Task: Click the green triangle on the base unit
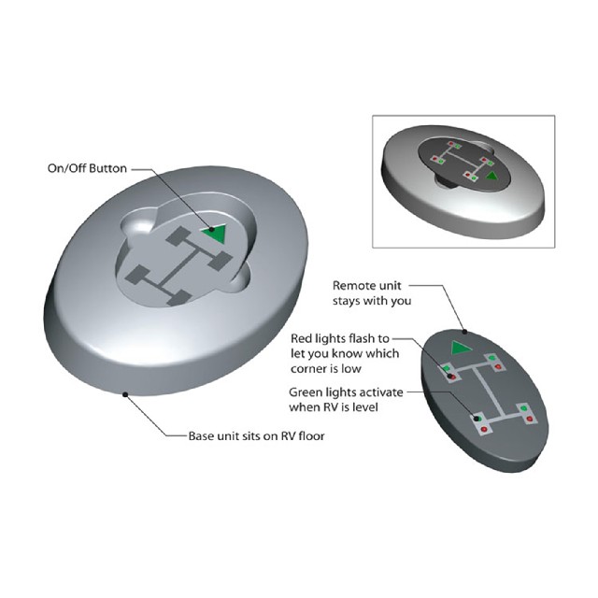coord(217,233)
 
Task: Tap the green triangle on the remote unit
coord(461,348)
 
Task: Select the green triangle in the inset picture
coord(492,177)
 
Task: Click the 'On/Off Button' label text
coord(87,168)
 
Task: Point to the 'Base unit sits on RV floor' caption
coord(256,435)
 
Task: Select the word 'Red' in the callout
coord(302,338)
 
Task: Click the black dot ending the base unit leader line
coord(124,394)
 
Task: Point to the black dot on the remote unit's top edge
coord(465,332)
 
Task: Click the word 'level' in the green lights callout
coord(365,407)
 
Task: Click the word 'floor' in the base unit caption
coord(311,435)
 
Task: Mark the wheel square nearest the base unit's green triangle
coord(221,261)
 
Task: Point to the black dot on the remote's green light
coord(477,419)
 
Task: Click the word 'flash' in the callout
coord(360,338)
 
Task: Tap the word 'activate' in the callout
coord(382,392)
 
